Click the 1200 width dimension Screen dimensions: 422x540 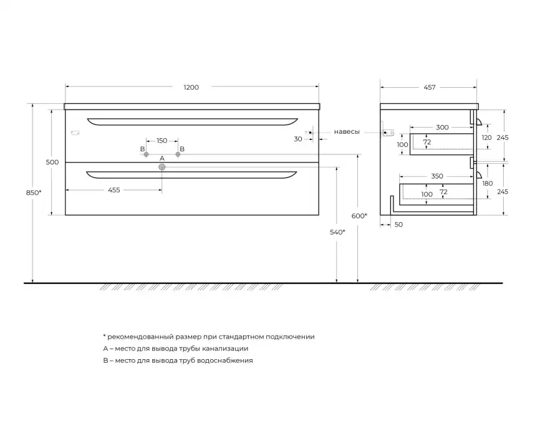191,87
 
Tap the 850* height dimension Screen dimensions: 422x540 36,192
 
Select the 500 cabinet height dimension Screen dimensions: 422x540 52,162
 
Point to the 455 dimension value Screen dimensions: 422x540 113,190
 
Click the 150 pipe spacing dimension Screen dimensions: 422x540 162,141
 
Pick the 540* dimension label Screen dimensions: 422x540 337,232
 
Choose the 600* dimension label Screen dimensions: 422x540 359,215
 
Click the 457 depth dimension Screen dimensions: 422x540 429,87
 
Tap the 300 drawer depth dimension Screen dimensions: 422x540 442,127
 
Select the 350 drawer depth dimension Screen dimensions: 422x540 437,176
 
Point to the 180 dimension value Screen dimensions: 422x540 488,184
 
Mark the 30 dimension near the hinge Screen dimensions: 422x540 298,139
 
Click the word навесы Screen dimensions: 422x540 346,132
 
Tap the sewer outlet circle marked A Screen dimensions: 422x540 162,167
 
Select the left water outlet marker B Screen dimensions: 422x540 147,154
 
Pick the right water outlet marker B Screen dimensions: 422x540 178,154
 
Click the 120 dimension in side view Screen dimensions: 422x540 487,138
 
